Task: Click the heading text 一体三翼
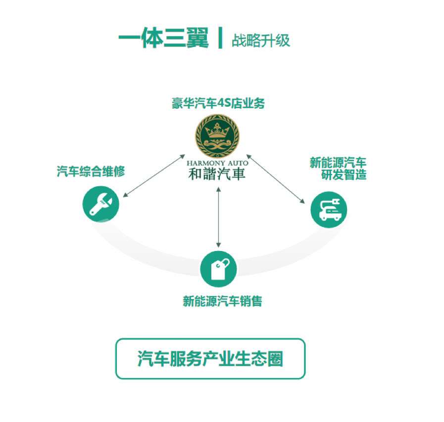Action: pos(164,38)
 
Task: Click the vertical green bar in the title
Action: pos(220,38)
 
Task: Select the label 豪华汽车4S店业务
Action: pos(218,104)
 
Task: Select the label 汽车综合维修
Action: pos(90,172)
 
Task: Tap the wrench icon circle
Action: pos(101,205)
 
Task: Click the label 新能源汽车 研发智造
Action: pos(338,169)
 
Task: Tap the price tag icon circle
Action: pos(218,269)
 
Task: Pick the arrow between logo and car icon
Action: pos(276,178)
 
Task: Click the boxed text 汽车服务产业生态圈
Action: pos(210,359)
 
